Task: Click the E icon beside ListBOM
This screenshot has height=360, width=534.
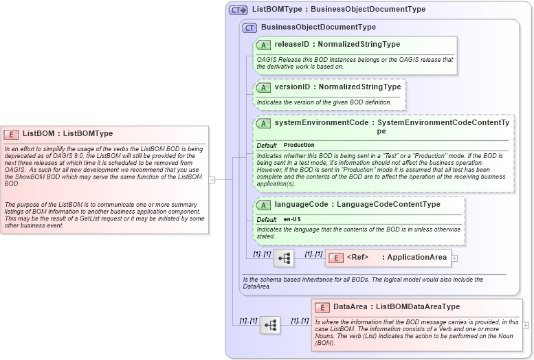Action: (x=11, y=134)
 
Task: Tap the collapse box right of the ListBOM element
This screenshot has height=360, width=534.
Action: (x=212, y=180)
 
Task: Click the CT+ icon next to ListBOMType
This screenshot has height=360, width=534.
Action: (x=238, y=10)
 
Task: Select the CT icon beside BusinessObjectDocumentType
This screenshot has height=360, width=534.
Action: (x=249, y=27)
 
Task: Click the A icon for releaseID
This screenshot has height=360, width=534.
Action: (x=263, y=45)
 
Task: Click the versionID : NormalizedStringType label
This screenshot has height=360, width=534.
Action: (x=337, y=87)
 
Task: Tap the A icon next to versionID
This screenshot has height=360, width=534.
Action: (x=263, y=87)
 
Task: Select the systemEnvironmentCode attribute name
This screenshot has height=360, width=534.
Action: (x=322, y=123)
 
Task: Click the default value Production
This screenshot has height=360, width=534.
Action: (x=299, y=146)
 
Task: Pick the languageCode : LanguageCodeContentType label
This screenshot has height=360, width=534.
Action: (x=357, y=205)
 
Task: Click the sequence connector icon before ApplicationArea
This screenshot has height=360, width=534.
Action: (x=283, y=258)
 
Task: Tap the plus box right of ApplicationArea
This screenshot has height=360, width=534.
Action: (x=454, y=258)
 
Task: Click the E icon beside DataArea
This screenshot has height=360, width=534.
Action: (x=322, y=307)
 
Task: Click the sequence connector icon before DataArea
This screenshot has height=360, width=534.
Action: (x=269, y=325)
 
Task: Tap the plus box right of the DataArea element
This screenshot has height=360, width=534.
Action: (x=526, y=325)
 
